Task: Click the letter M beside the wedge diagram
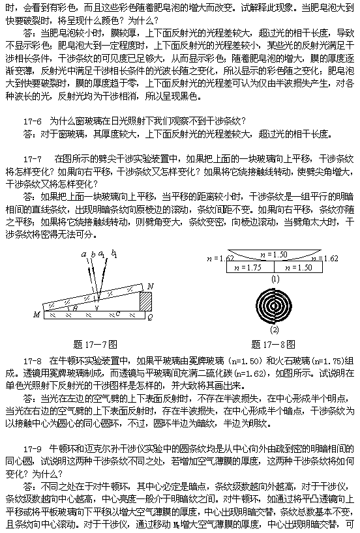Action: (37, 315)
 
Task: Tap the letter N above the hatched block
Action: (150, 287)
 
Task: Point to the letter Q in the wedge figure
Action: (151, 317)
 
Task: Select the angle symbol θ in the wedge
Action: (75, 308)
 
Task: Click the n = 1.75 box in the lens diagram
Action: (250, 267)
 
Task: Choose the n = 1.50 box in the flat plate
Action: (298, 267)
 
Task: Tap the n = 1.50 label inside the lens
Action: (274, 255)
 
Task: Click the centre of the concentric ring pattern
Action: (274, 306)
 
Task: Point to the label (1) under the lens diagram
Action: (275, 279)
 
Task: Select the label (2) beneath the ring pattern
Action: (275, 330)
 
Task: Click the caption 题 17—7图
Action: (95, 344)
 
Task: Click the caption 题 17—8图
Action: (273, 344)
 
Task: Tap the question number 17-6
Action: (33, 121)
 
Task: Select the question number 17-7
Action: (33, 159)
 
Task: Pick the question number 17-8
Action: (33, 361)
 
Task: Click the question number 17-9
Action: (33, 450)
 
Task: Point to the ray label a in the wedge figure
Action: (83, 254)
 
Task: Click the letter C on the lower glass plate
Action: (118, 314)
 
